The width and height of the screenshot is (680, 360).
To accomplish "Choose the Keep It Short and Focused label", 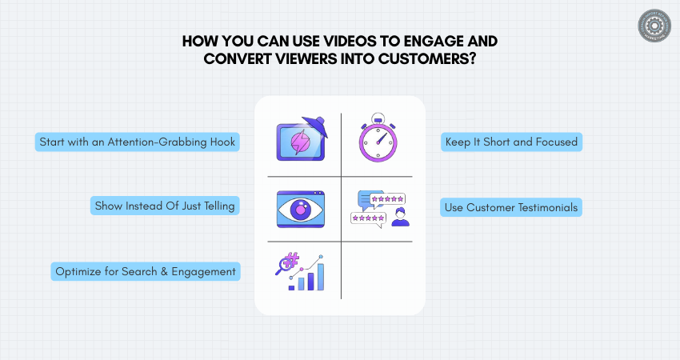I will (510, 142).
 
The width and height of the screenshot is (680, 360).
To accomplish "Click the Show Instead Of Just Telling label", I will (165, 206).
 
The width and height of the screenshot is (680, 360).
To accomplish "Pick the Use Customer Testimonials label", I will (510, 208).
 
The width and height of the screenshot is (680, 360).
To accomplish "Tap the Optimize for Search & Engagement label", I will (146, 271).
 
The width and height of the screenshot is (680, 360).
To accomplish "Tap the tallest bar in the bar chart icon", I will (320, 275).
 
